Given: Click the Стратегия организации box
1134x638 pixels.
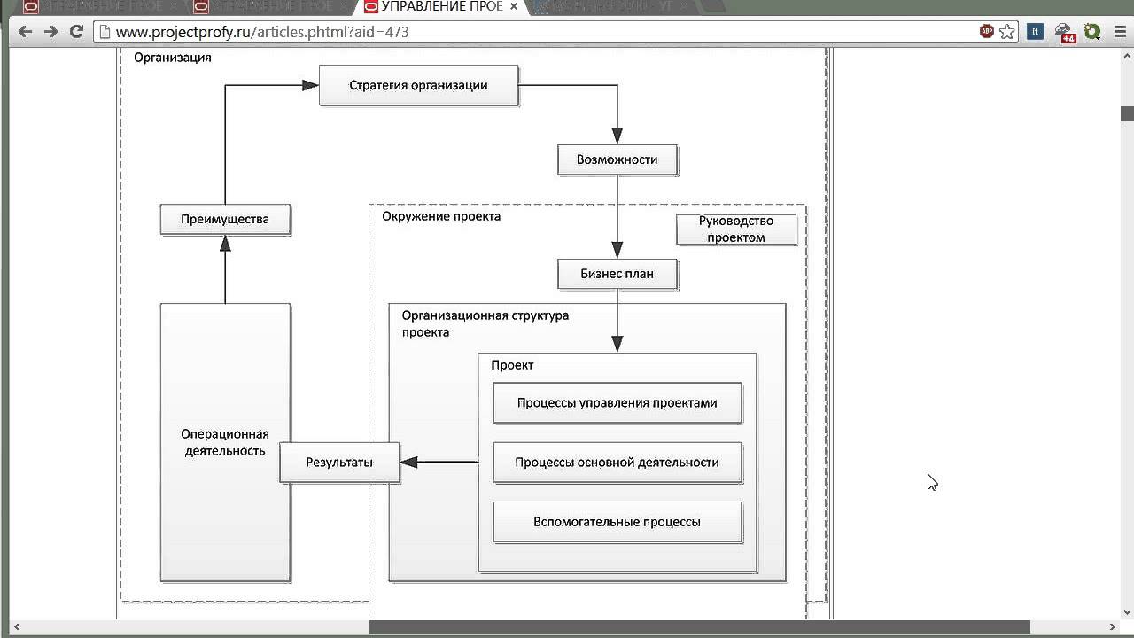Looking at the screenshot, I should [x=418, y=86].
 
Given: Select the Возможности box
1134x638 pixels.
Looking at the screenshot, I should [x=617, y=160].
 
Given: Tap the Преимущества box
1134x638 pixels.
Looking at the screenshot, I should [x=225, y=220].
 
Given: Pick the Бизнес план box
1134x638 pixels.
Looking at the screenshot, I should [x=617, y=274].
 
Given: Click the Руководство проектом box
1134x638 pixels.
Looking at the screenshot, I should [x=736, y=230].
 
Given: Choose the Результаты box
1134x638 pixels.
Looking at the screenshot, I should [x=339, y=463].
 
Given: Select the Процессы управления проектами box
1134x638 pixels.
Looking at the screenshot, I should [x=617, y=403].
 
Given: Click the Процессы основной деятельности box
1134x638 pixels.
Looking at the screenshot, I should [x=617, y=463].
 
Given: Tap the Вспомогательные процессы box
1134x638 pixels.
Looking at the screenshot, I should [x=617, y=522].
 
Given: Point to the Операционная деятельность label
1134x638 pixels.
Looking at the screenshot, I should [x=225, y=442].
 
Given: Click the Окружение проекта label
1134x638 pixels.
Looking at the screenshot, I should [x=441, y=216].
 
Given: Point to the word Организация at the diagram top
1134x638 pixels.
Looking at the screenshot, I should [x=173, y=58].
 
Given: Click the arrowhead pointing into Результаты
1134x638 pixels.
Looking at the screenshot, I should [x=408, y=462].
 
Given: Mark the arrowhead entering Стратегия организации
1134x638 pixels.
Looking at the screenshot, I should [x=310, y=85].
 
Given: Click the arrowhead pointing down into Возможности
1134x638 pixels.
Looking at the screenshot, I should [x=617, y=136].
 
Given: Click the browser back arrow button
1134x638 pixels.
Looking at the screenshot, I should [x=25, y=32].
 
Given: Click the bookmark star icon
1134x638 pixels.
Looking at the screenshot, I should [x=1007, y=32].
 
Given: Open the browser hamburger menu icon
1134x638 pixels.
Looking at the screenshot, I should [x=1120, y=32].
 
